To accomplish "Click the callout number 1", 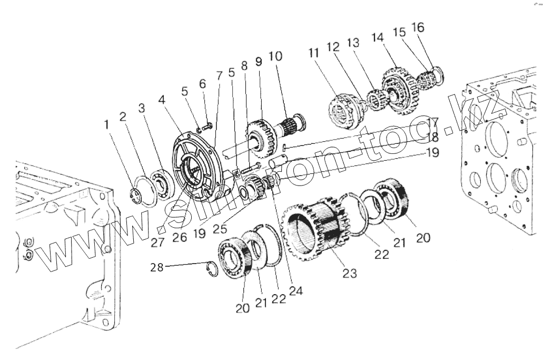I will coord(107,125).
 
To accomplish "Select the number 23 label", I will coord(349,273).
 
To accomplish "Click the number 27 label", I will coord(157,243).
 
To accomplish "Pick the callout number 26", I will coord(180,238).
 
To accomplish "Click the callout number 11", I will coord(314,54).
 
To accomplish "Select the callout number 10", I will coord(275,56).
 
